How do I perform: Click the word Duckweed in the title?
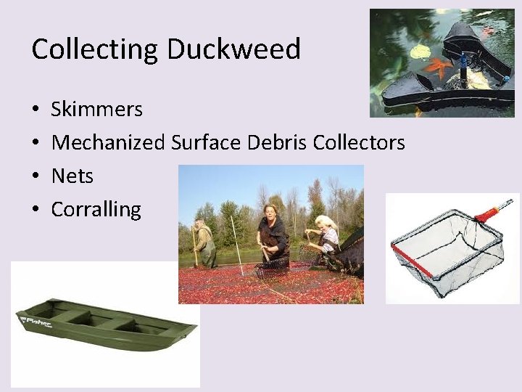[x=233, y=49]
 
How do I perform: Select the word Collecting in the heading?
[x=95, y=49]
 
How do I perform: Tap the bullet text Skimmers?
[x=96, y=110]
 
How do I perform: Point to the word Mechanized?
[x=108, y=143]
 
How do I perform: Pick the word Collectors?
[x=359, y=143]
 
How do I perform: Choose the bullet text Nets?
[x=72, y=176]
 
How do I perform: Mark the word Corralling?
[x=96, y=210]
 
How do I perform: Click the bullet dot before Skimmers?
[x=36, y=110]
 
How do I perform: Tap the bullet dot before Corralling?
[x=36, y=211]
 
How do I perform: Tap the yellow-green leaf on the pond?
[x=420, y=52]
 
